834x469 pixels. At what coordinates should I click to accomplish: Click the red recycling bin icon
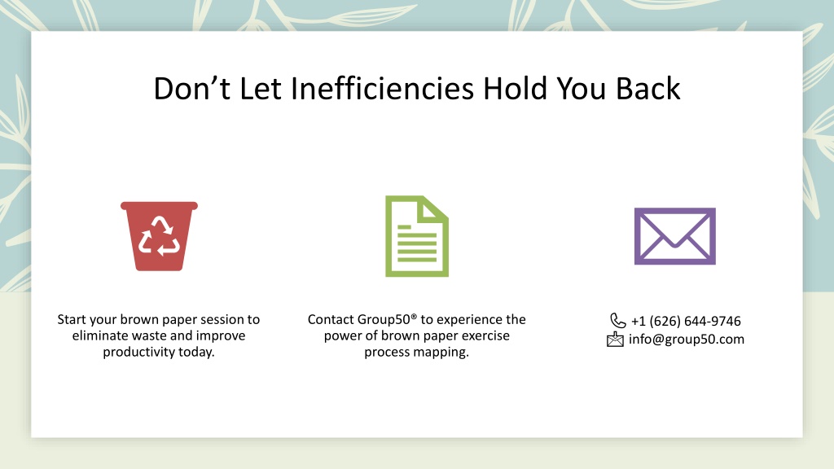(159, 236)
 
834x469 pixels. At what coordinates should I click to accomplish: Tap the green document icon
(417, 236)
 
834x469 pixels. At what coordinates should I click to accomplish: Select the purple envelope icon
(675, 236)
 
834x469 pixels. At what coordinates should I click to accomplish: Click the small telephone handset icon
(617, 321)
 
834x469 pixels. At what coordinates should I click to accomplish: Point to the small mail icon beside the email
(615, 340)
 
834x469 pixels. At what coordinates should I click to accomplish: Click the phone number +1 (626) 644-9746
(686, 321)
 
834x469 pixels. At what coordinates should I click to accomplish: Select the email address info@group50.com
(686, 340)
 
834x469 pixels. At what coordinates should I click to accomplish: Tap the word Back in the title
(647, 88)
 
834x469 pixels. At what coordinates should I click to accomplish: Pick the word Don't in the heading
(192, 88)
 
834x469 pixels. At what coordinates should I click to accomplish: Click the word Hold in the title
(515, 88)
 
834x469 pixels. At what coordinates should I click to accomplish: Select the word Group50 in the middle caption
(384, 319)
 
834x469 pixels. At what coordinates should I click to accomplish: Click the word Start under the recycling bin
(72, 319)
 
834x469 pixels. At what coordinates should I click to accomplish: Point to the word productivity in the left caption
(135, 352)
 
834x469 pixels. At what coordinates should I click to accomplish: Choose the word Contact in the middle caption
(331, 319)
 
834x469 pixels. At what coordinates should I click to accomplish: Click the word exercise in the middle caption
(485, 336)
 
